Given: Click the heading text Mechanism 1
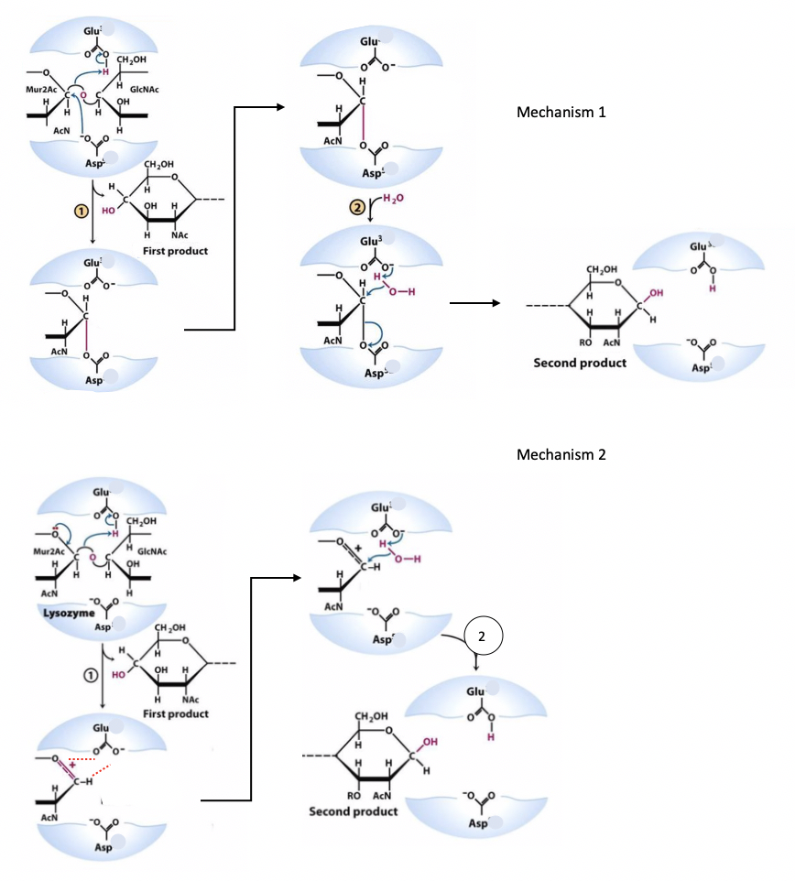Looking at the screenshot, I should point(561,113).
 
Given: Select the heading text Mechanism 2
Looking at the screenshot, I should point(561,455).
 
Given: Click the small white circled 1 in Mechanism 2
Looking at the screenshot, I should point(90,674).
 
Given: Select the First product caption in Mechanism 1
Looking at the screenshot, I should point(175,251).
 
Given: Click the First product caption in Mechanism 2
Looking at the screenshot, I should point(176,713).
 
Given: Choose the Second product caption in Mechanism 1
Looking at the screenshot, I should point(580,363).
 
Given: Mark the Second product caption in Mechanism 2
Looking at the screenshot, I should point(354,811).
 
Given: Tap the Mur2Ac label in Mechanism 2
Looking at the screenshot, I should point(48,552).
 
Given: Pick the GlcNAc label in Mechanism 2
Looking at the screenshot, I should point(149,551).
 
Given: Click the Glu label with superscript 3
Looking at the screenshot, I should point(373,241).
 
